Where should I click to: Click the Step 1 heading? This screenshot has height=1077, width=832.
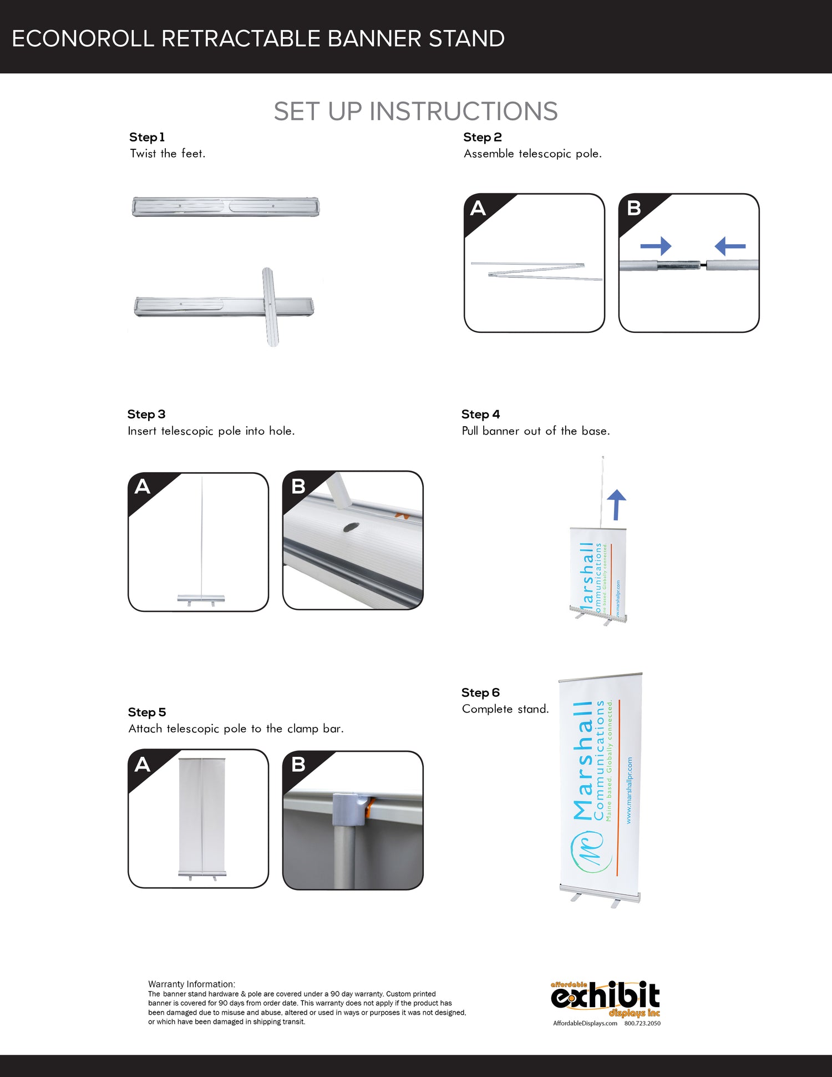[146, 137]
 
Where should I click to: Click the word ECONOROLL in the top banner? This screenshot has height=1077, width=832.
[83, 39]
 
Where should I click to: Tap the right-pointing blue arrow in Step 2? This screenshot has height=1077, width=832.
[656, 246]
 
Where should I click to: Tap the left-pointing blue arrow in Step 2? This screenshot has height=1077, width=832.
[730, 246]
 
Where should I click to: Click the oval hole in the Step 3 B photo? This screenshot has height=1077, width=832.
[351, 527]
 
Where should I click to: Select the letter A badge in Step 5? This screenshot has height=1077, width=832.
[143, 765]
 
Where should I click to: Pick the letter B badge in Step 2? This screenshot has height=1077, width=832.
[633, 209]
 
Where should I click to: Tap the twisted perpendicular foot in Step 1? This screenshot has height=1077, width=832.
[271, 306]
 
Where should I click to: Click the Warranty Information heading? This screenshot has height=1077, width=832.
[191, 984]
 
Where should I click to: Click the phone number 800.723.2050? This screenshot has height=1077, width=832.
[642, 1023]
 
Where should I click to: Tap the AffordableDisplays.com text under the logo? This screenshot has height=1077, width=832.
[585, 1023]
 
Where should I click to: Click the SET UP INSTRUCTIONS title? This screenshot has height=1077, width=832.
[415, 112]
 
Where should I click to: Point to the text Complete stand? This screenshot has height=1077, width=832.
[505, 709]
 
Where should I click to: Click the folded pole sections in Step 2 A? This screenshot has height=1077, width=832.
[535, 270]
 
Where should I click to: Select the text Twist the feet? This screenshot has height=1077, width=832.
[168, 154]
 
